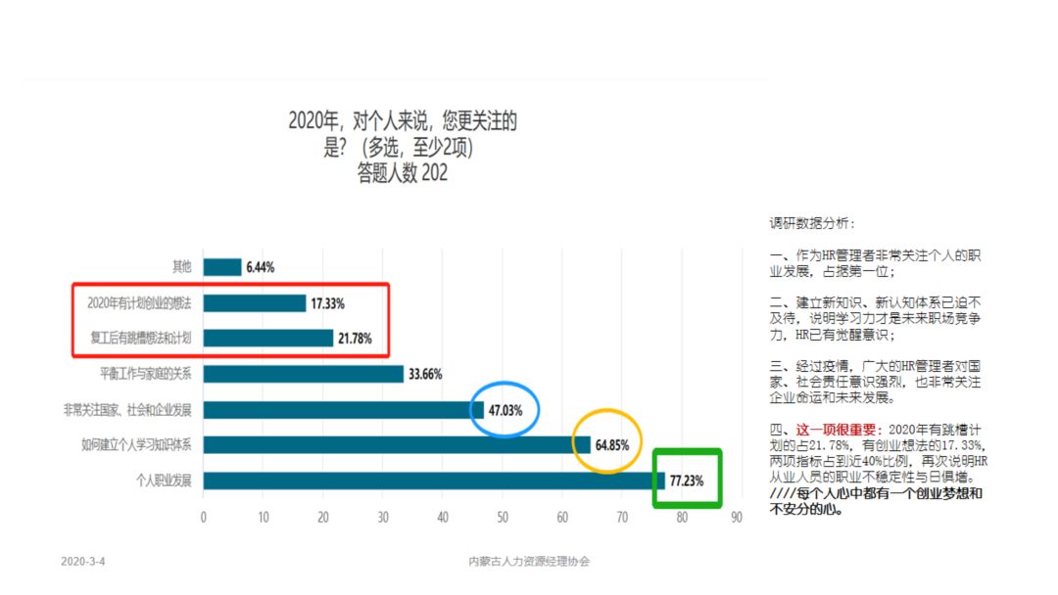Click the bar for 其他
[222, 267]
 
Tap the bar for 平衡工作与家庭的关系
[304, 374]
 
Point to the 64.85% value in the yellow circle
[612, 445]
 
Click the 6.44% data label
[261, 267]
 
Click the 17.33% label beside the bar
[327, 303]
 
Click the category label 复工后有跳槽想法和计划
[139, 339]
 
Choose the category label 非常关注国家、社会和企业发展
[127, 410]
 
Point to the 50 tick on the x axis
[503, 517]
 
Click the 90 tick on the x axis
[742, 517]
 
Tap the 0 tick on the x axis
[204, 517]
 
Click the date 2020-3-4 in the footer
[82, 562]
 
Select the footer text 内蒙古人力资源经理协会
[530, 562]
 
